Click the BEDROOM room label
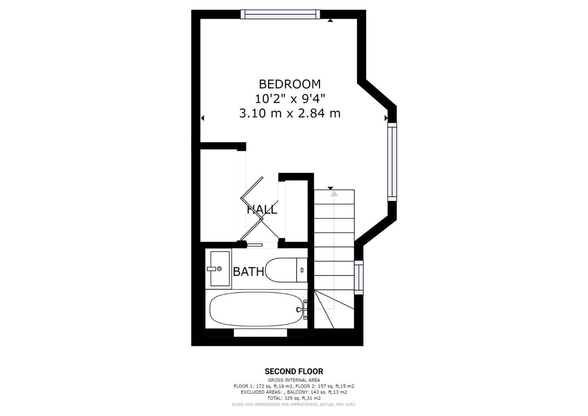(290, 84)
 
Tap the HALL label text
(262, 210)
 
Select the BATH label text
(248, 272)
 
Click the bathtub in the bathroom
(256, 309)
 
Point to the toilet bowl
(281, 270)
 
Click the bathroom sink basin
(220, 269)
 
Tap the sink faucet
(214, 269)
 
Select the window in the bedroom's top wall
(280, 14)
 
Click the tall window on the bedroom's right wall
(392, 162)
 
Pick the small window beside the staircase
(359, 277)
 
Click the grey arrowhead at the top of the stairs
(334, 193)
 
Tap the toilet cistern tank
(302, 270)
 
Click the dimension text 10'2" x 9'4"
(290, 99)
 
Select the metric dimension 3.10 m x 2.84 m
(290, 114)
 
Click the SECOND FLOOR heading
(294, 371)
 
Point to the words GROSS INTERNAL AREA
(294, 380)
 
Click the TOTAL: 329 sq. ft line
(294, 398)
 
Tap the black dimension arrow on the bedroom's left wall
(202, 118)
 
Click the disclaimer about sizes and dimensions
(294, 405)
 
